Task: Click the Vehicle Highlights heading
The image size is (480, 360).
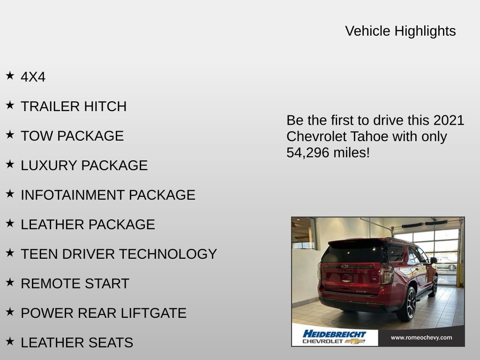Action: click(400, 31)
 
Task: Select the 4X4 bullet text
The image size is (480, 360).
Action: click(33, 77)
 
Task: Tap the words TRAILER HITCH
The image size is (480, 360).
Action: click(74, 106)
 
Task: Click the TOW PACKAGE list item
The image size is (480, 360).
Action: click(72, 136)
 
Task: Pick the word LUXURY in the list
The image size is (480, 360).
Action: click(49, 165)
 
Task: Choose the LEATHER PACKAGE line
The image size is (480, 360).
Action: click(88, 225)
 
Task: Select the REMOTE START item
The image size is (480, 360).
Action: click(75, 284)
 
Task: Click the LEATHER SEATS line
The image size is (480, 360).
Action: click(77, 343)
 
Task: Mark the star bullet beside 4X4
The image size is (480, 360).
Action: click(10, 75)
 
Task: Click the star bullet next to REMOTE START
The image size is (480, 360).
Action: click(10, 282)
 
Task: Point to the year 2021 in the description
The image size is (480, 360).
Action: click(448, 120)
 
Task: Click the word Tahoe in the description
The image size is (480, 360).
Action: click(360, 136)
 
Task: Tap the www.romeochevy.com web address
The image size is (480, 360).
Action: click(421, 337)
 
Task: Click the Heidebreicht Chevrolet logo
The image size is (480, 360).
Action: click(334, 337)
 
